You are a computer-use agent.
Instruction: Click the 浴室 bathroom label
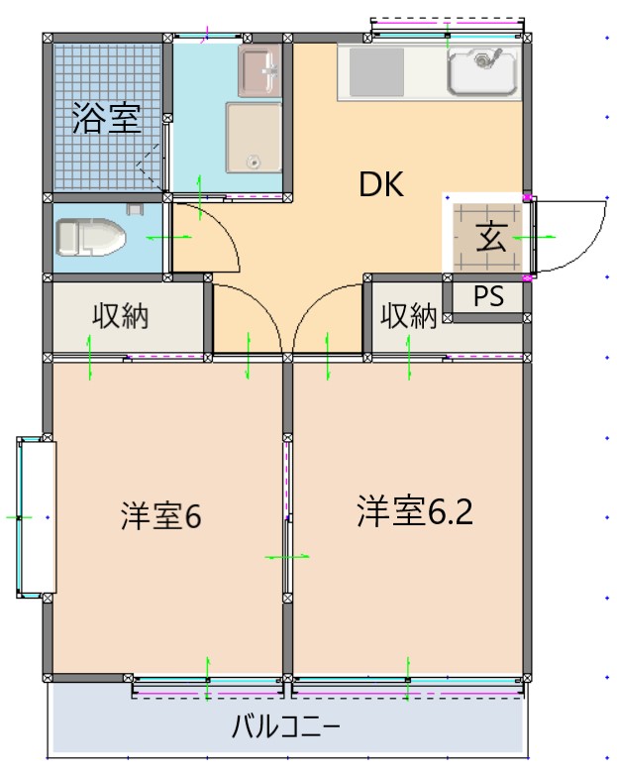click(x=104, y=120)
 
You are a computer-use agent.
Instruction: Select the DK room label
click(x=381, y=185)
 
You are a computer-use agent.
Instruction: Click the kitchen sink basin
click(x=482, y=70)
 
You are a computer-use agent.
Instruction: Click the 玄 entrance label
click(x=490, y=239)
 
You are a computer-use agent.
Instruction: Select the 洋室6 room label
click(x=161, y=516)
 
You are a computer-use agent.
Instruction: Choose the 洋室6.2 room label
click(x=415, y=511)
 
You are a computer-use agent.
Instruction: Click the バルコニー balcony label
click(x=286, y=727)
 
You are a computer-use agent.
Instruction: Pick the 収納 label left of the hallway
click(x=121, y=317)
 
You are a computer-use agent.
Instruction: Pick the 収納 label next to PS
click(x=409, y=317)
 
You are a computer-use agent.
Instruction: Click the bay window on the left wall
click(x=35, y=516)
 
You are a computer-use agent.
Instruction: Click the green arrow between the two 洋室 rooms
click(x=287, y=558)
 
